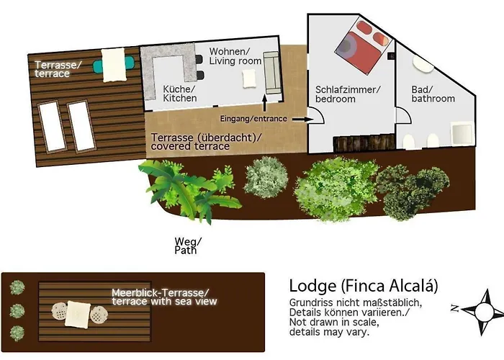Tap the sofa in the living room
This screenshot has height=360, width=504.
273,70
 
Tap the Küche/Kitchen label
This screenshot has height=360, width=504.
179,93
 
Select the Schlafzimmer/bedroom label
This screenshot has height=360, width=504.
347,94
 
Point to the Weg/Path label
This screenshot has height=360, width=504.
185,246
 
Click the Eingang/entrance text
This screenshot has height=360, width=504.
253,117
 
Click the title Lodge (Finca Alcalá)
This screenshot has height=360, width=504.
364,285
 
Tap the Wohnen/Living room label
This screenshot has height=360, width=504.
235,56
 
